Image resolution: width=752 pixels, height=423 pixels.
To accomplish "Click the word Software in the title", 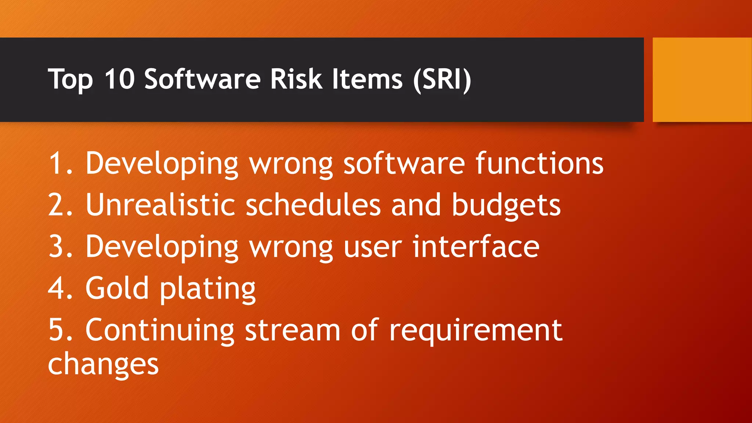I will (202, 79).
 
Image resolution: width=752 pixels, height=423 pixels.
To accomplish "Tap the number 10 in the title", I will (119, 79).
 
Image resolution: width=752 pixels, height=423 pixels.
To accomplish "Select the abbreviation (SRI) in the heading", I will (442, 80).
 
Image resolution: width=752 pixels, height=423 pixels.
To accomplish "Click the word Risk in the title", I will (296, 79).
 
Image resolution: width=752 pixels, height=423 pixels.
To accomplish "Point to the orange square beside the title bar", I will (702, 80).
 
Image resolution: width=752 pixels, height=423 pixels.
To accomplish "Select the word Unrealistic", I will (160, 205).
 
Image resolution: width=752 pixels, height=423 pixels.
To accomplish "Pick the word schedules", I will (313, 205).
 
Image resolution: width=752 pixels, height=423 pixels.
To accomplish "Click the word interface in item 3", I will (476, 246).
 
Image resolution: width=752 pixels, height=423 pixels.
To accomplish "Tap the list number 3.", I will (59, 246).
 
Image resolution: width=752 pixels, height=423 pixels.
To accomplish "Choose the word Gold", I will (117, 288).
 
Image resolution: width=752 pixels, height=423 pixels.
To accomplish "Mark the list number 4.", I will (59, 288).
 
